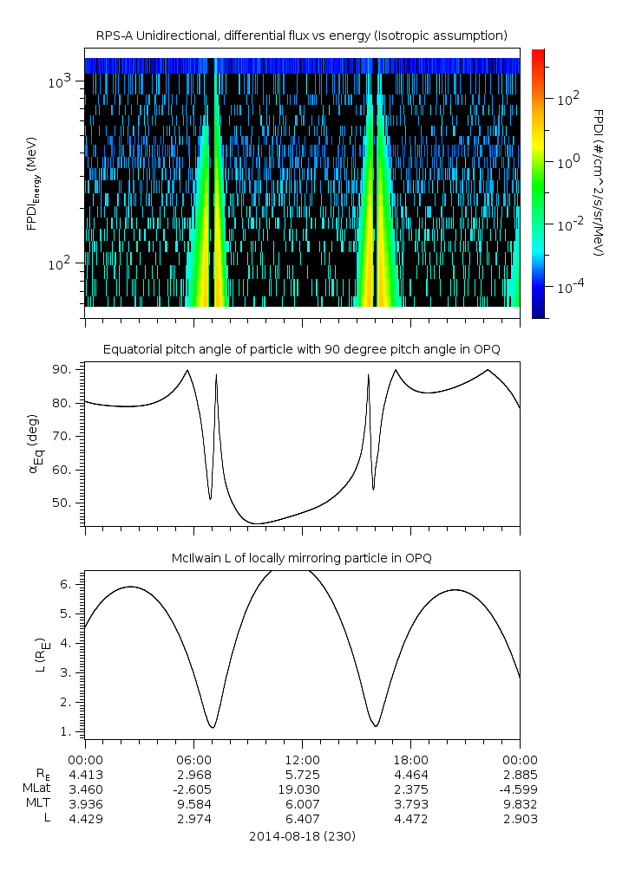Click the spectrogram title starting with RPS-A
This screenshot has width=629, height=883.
point(301,36)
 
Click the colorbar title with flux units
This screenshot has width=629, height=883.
point(599,182)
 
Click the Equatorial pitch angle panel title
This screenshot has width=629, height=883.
point(301,349)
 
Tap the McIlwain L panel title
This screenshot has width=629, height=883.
point(301,557)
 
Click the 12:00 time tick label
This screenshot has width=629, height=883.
point(301,759)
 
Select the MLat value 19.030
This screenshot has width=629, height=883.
point(301,789)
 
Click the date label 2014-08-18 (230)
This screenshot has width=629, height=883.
point(301,836)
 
